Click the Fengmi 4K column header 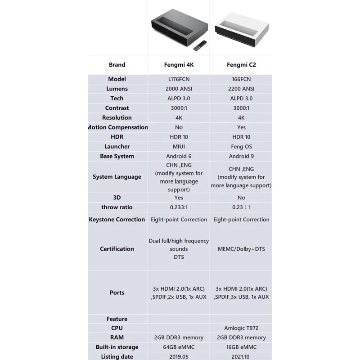(179, 65)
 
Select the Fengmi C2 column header (241, 65)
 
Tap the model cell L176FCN (179, 79)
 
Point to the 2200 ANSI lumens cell (241, 89)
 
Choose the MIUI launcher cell (179, 147)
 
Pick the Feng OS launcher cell (241, 147)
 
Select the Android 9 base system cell (241, 157)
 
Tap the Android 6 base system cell (179, 157)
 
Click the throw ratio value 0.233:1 (179, 207)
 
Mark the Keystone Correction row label (117, 220)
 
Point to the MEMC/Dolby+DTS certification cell (241, 249)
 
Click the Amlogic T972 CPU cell (241, 328)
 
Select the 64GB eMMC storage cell (179, 347)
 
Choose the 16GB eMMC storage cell (241, 347)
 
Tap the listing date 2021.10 (241, 357)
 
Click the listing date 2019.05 (179, 357)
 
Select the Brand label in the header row (117, 65)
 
